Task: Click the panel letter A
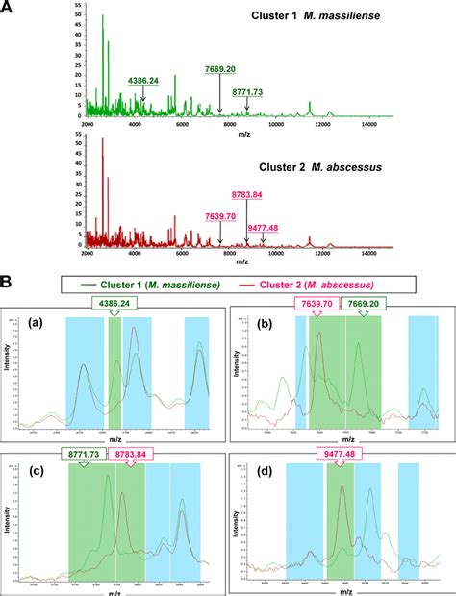pos(11,9)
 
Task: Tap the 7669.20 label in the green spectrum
pos(222,70)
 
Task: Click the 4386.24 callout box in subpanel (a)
pos(115,304)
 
